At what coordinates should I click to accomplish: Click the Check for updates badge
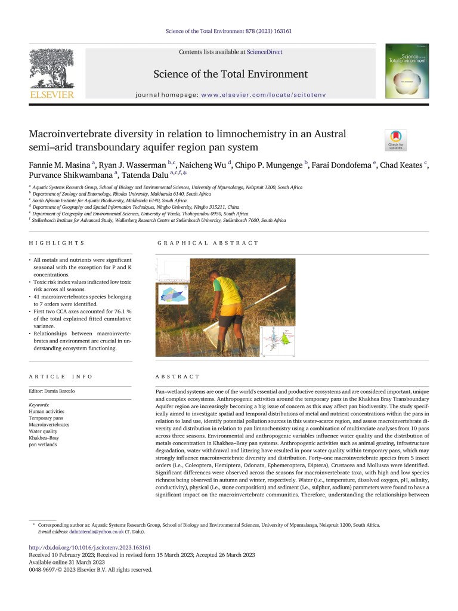coord(396,139)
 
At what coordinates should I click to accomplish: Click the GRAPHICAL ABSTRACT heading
coord(208,243)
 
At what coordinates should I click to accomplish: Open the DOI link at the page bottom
coord(90,547)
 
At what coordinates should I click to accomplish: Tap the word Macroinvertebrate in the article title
coord(81,135)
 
